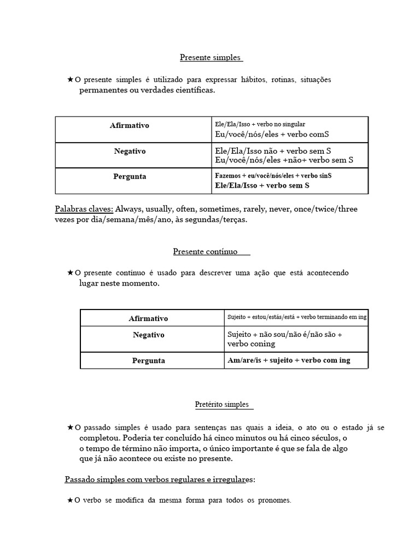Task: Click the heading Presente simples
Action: tap(211, 57)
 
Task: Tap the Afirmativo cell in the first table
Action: tap(130, 126)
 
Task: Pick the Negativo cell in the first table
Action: tap(130, 151)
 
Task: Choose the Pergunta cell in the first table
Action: tap(130, 177)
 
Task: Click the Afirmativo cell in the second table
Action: tap(148, 318)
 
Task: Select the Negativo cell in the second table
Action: tap(148, 335)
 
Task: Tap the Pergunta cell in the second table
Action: tap(148, 361)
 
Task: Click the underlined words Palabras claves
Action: tap(84, 209)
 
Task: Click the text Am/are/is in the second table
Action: tap(244, 360)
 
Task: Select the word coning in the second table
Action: tap(262, 344)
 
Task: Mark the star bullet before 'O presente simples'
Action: tap(70, 80)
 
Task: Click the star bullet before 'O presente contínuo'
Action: tap(70, 272)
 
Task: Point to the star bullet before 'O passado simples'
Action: tap(70, 427)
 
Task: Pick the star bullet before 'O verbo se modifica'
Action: tap(70, 500)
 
